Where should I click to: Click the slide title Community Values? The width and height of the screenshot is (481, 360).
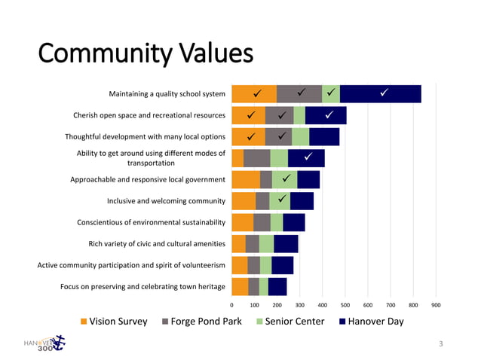(146, 54)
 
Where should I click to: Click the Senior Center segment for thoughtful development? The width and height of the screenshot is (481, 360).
(300, 136)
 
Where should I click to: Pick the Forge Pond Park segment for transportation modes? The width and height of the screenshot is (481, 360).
(256, 158)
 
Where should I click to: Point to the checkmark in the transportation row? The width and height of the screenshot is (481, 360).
(308, 156)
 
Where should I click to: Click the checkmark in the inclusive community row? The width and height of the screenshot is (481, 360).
(281, 199)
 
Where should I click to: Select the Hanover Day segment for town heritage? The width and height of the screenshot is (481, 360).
(277, 287)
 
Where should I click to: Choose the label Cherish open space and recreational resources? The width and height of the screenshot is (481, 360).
(149, 115)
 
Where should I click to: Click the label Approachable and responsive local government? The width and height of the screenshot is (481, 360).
(148, 180)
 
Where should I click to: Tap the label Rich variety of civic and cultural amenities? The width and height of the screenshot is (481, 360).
(157, 243)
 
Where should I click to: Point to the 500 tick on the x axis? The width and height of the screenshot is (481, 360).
(345, 306)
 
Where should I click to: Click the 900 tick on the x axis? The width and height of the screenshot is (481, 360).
(436, 306)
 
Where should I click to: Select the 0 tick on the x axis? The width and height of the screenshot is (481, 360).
(231, 306)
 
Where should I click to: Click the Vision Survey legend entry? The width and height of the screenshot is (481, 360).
(114, 322)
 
